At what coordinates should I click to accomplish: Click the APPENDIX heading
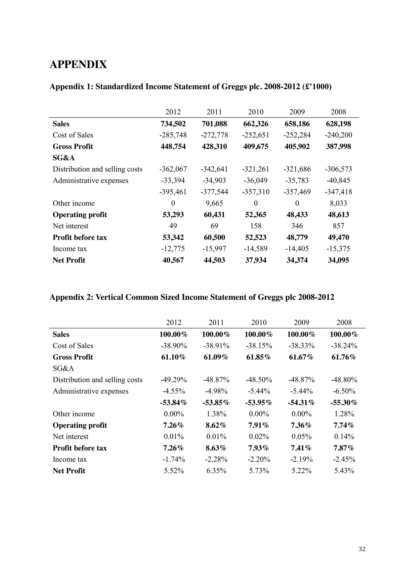point(78,64)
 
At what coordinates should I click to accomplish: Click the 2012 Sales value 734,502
point(173,124)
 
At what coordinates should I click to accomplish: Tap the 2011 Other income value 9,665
point(214,203)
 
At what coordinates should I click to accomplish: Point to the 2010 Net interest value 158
point(256,226)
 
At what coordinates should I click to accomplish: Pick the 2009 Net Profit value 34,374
point(297,260)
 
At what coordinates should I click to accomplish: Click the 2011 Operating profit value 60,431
point(214,215)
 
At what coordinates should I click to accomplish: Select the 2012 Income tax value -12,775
point(173,249)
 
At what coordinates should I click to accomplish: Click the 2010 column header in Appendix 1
point(256,112)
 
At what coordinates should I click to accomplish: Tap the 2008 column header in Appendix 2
point(344,323)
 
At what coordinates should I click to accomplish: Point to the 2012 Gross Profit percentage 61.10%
point(173,357)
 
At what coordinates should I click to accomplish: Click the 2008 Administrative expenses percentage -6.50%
point(344,391)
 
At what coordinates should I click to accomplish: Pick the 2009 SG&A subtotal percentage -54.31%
point(301,403)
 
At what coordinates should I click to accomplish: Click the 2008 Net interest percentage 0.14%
point(344,437)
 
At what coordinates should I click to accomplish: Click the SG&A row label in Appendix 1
point(64,158)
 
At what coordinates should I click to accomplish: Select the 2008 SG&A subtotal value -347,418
point(338,192)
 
